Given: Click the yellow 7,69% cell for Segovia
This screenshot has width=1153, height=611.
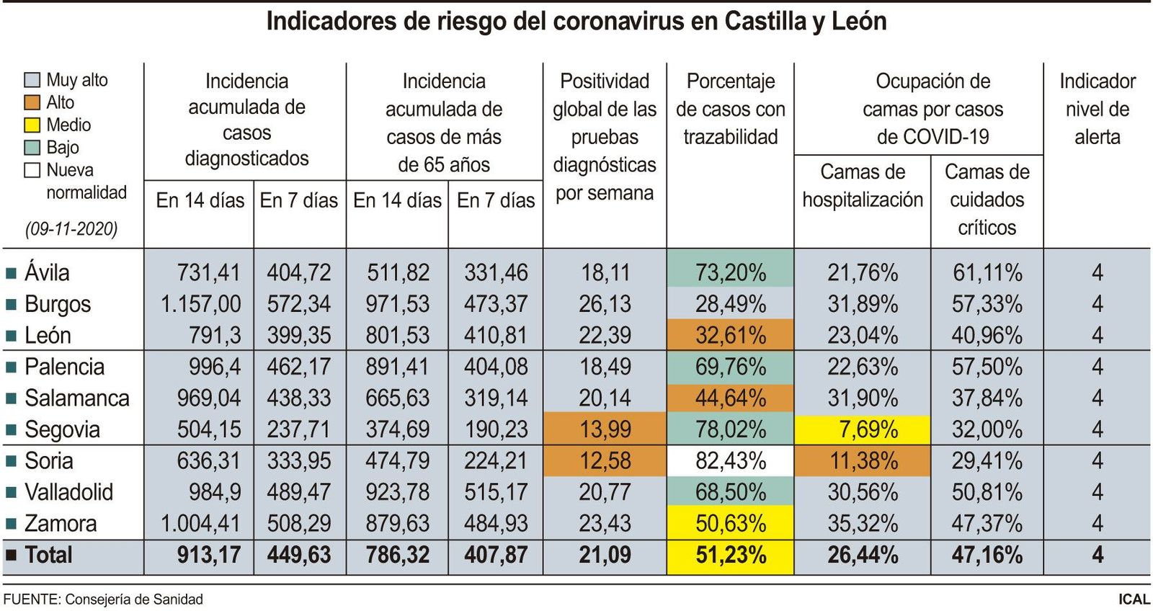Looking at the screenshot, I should [x=862, y=429].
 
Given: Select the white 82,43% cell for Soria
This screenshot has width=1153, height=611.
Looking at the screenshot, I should [x=730, y=461].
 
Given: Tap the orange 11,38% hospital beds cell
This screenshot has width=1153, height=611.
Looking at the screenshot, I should [x=862, y=461].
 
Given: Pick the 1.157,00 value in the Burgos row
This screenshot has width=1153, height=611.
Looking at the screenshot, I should [x=201, y=304].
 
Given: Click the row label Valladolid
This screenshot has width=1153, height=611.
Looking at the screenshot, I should [x=68, y=492].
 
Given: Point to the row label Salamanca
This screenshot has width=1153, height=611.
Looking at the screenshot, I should [x=76, y=398].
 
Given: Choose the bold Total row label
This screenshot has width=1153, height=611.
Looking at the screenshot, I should [x=48, y=555].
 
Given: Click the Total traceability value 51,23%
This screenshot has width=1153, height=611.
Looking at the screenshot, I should [x=730, y=556].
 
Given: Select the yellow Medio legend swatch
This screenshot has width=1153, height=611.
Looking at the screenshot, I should [x=32, y=125].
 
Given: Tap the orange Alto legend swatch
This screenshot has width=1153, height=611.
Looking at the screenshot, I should [x=32, y=102].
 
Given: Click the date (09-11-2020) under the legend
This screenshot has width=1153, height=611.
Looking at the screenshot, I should [x=71, y=229].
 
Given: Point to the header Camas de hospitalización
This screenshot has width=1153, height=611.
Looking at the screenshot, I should [x=862, y=186].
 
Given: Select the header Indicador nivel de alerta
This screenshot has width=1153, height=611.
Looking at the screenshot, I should [x=1096, y=109].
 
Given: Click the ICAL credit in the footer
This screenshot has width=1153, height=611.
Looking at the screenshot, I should [x=1134, y=599].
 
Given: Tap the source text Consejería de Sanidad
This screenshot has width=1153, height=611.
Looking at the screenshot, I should [x=134, y=599].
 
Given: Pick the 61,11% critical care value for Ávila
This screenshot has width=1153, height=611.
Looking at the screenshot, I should [x=987, y=273].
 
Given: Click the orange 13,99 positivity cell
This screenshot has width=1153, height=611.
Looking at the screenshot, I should [x=605, y=429].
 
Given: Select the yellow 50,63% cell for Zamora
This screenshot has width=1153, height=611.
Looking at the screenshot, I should [x=730, y=524].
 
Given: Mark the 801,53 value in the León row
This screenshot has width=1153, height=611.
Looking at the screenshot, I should [x=397, y=336].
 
